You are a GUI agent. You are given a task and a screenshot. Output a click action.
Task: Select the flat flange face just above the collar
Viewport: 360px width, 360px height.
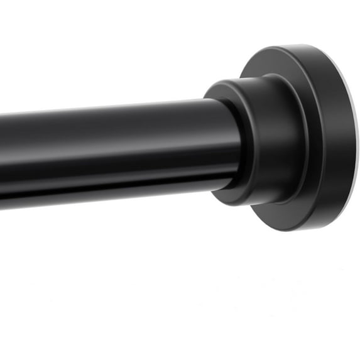[283, 63]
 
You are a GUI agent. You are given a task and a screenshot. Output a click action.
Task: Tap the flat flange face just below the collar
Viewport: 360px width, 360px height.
[283, 217]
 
